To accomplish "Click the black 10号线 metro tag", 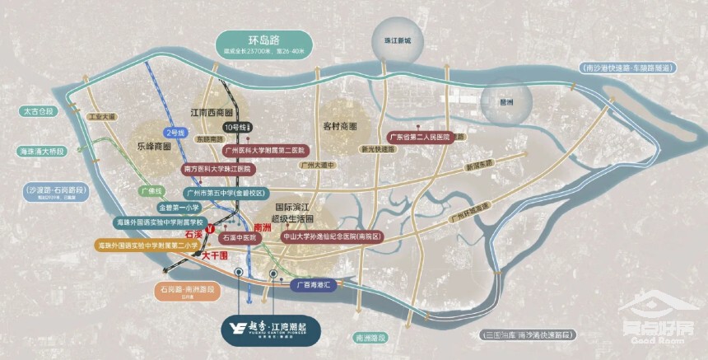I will (x=238, y=128).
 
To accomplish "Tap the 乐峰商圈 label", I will (x=148, y=146).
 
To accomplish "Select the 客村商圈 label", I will (x=341, y=126).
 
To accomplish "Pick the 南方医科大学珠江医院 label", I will (x=216, y=168).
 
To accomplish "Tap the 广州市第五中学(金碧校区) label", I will (x=213, y=192).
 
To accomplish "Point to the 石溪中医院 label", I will (x=240, y=237).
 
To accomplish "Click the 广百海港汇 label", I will (x=314, y=283).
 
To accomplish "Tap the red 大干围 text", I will (x=217, y=257).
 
